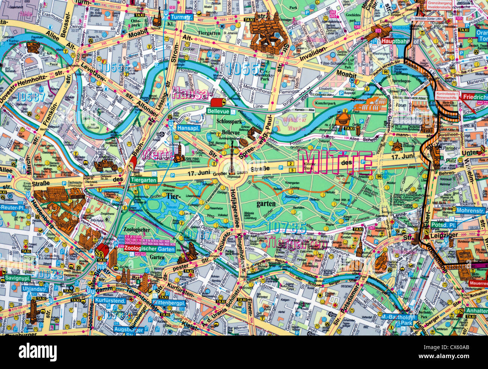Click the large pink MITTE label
click(335, 163)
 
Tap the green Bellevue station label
click(218, 111)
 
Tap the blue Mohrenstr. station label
click(470, 211)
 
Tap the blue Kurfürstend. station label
click(110, 301)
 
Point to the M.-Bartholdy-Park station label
click(398, 320)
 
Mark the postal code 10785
click(288, 227)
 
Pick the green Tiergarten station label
click(143, 180)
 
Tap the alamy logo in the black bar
click(38, 352)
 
